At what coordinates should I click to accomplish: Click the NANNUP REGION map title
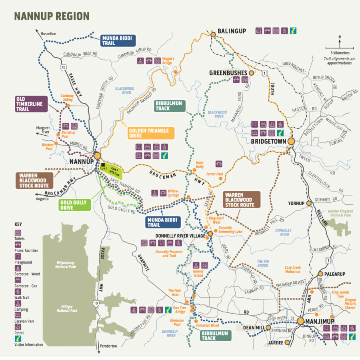(52, 16)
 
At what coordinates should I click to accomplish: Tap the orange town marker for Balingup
(213, 35)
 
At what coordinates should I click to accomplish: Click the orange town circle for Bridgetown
(291, 141)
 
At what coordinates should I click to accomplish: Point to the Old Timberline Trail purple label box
(31, 104)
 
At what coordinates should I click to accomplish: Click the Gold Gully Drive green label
(74, 205)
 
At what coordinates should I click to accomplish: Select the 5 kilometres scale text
(340, 53)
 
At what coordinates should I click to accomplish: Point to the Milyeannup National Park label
(65, 264)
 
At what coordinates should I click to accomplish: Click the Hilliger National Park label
(66, 308)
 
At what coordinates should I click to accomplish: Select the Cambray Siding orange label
(67, 98)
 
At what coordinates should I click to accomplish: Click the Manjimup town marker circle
(300, 321)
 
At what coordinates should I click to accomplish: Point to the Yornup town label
(296, 203)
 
